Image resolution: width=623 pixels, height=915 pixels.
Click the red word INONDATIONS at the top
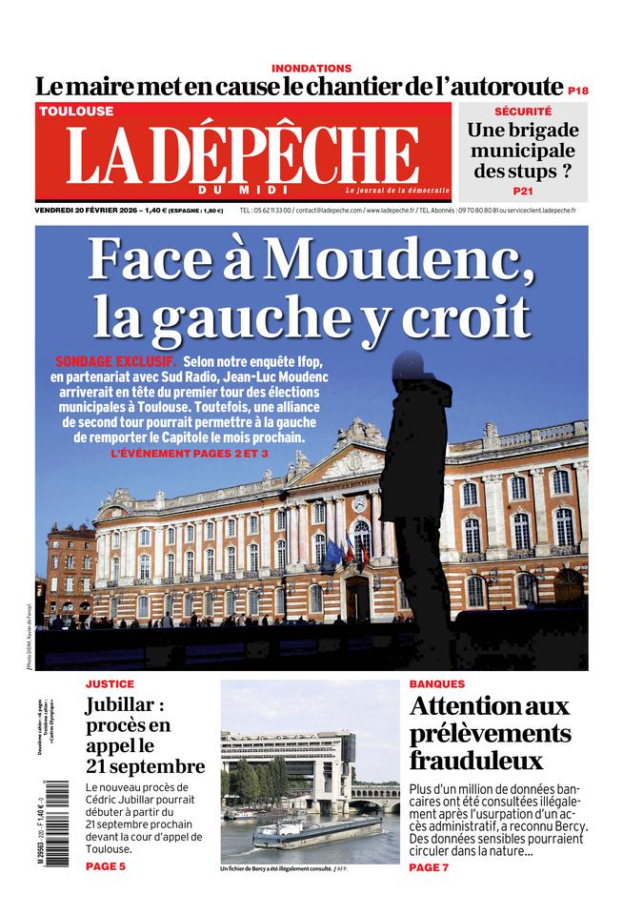point(311,69)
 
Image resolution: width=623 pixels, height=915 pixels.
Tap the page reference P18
point(577,91)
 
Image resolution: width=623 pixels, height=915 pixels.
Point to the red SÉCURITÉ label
point(523,112)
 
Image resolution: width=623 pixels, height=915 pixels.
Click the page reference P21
point(523,191)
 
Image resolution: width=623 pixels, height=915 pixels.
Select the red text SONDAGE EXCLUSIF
point(116,363)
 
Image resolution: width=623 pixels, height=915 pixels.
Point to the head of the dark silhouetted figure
point(412,366)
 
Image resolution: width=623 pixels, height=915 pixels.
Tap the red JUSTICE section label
point(110,684)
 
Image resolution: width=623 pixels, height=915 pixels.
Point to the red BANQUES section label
point(437,684)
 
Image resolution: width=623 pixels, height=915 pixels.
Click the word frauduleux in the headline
point(476,761)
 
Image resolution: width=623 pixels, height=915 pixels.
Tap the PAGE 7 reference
point(429,867)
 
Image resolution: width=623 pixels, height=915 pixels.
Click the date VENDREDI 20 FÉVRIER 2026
point(85,210)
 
